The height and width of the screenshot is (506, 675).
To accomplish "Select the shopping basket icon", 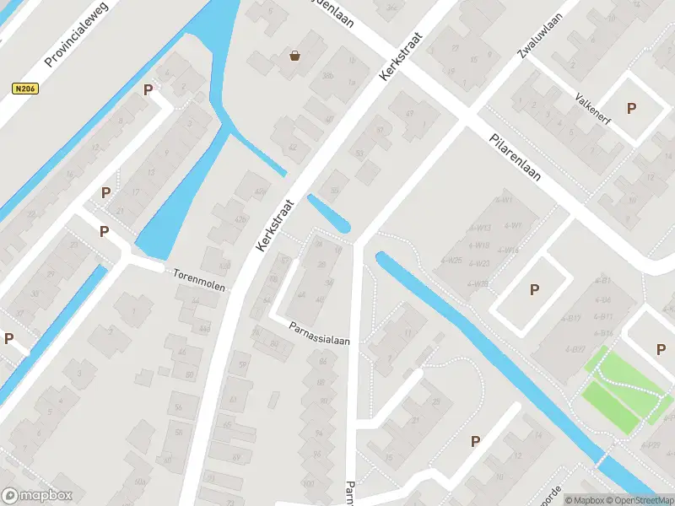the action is (x=295, y=57).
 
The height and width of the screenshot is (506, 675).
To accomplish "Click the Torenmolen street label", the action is (x=199, y=280).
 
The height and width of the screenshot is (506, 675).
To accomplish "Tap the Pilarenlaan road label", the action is (x=515, y=159).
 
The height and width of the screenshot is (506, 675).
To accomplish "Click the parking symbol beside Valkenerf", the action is (x=630, y=108).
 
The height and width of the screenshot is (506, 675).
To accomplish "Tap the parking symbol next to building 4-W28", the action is (x=533, y=290).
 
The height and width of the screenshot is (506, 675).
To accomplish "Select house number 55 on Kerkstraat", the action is (x=335, y=191).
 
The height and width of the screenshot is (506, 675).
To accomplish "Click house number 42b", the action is (x=240, y=219).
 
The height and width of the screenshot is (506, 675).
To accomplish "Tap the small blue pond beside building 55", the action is (x=330, y=214).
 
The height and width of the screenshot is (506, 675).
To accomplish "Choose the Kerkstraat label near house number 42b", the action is (x=276, y=223).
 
